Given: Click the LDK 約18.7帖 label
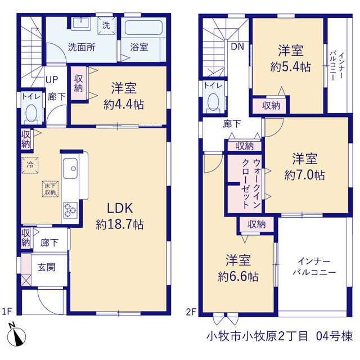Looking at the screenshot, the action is tap(120, 216).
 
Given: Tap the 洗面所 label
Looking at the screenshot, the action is tap(82, 47).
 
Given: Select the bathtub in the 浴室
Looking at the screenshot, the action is tap(144, 28).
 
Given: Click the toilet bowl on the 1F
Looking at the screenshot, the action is tap(31, 114).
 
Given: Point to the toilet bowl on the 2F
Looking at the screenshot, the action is tap(213, 102).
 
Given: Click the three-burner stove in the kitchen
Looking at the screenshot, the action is tap(70, 210).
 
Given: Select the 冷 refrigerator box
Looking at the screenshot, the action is tap(30, 165).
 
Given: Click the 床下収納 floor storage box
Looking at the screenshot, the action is tap(50, 189).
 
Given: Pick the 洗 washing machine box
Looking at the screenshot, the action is tap(106, 25).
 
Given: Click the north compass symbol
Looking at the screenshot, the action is tap(16, 335).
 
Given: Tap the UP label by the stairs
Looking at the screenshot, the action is tap(52, 80).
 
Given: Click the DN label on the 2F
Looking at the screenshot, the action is tap(237, 47).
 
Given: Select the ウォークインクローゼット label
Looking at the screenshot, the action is tap(251, 184).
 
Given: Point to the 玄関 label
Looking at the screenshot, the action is tap(46, 267).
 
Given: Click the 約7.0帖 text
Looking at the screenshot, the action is tap(305, 175).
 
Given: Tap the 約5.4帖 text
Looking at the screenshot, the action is tap(290, 67).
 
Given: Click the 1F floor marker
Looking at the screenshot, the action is tap(7, 312).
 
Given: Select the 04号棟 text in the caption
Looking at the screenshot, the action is tap(334, 336).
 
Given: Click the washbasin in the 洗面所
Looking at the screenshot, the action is tap(81, 24).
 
